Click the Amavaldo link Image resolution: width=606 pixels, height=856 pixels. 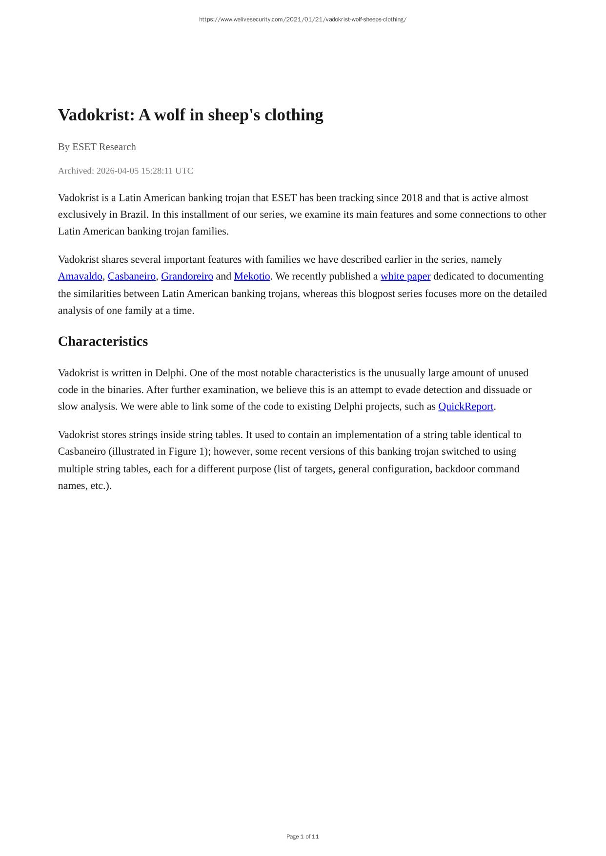(80, 276)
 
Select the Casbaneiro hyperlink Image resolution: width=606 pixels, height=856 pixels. (132, 276)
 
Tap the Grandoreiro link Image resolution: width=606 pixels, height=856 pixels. (187, 276)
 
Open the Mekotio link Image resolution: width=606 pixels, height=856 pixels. (252, 276)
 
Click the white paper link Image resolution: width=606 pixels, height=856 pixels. (405, 276)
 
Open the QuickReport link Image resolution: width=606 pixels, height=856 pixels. (465, 407)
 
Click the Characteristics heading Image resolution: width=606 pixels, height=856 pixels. (103, 341)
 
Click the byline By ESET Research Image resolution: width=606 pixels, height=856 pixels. (97, 147)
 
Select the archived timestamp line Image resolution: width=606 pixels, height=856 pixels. (125, 171)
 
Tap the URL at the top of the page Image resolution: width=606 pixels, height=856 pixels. (303, 19)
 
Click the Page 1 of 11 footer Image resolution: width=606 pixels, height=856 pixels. (303, 837)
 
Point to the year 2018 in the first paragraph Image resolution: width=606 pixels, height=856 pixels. (411, 198)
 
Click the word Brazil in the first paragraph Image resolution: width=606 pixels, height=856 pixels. (134, 215)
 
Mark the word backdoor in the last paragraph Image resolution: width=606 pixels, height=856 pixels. (455, 469)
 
